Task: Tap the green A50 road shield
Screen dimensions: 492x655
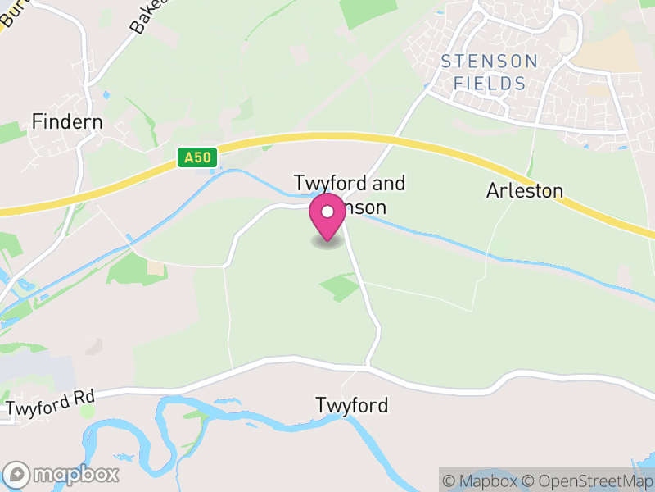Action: click(x=197, y=157)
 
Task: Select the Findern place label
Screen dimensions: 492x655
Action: click(x=67, y=122)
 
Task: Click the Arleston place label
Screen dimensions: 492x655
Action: click(x=525, y=191)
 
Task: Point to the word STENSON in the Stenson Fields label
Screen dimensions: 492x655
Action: click(x=490, y=61)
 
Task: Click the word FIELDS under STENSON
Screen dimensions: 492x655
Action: click(x=490, y=84)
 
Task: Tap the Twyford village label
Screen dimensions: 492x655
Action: click(x=351, y=405)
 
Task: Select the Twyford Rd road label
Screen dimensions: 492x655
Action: click(x=51, y=402)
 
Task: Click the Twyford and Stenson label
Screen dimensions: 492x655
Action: click(x=350, y=195)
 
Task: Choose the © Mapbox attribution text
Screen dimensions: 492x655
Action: click(x=481, y=481)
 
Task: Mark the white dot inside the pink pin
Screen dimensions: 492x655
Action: click(x=327, y=212)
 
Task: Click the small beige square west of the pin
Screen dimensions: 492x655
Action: click(x=156, y=268)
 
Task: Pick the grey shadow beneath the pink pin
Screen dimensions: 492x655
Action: click(x=327, y=243)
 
